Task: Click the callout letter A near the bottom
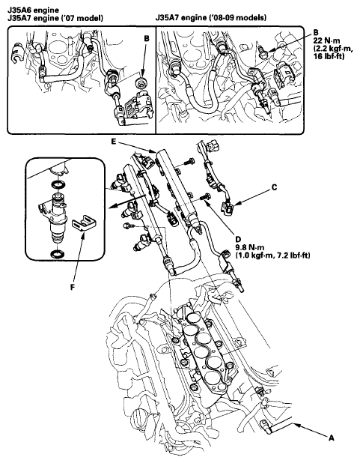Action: [332, 438]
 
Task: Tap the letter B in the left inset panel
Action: [147, 38]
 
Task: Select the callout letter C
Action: [275, 187]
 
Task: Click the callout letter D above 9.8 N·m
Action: [238, 240]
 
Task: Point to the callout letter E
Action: [114, 142]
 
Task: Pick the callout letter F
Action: [73, 286]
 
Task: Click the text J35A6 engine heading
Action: [33, 10]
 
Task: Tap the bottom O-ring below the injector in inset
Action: [58, 254]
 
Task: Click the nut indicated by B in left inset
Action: [141, 82]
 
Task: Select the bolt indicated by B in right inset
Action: [263, 50]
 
